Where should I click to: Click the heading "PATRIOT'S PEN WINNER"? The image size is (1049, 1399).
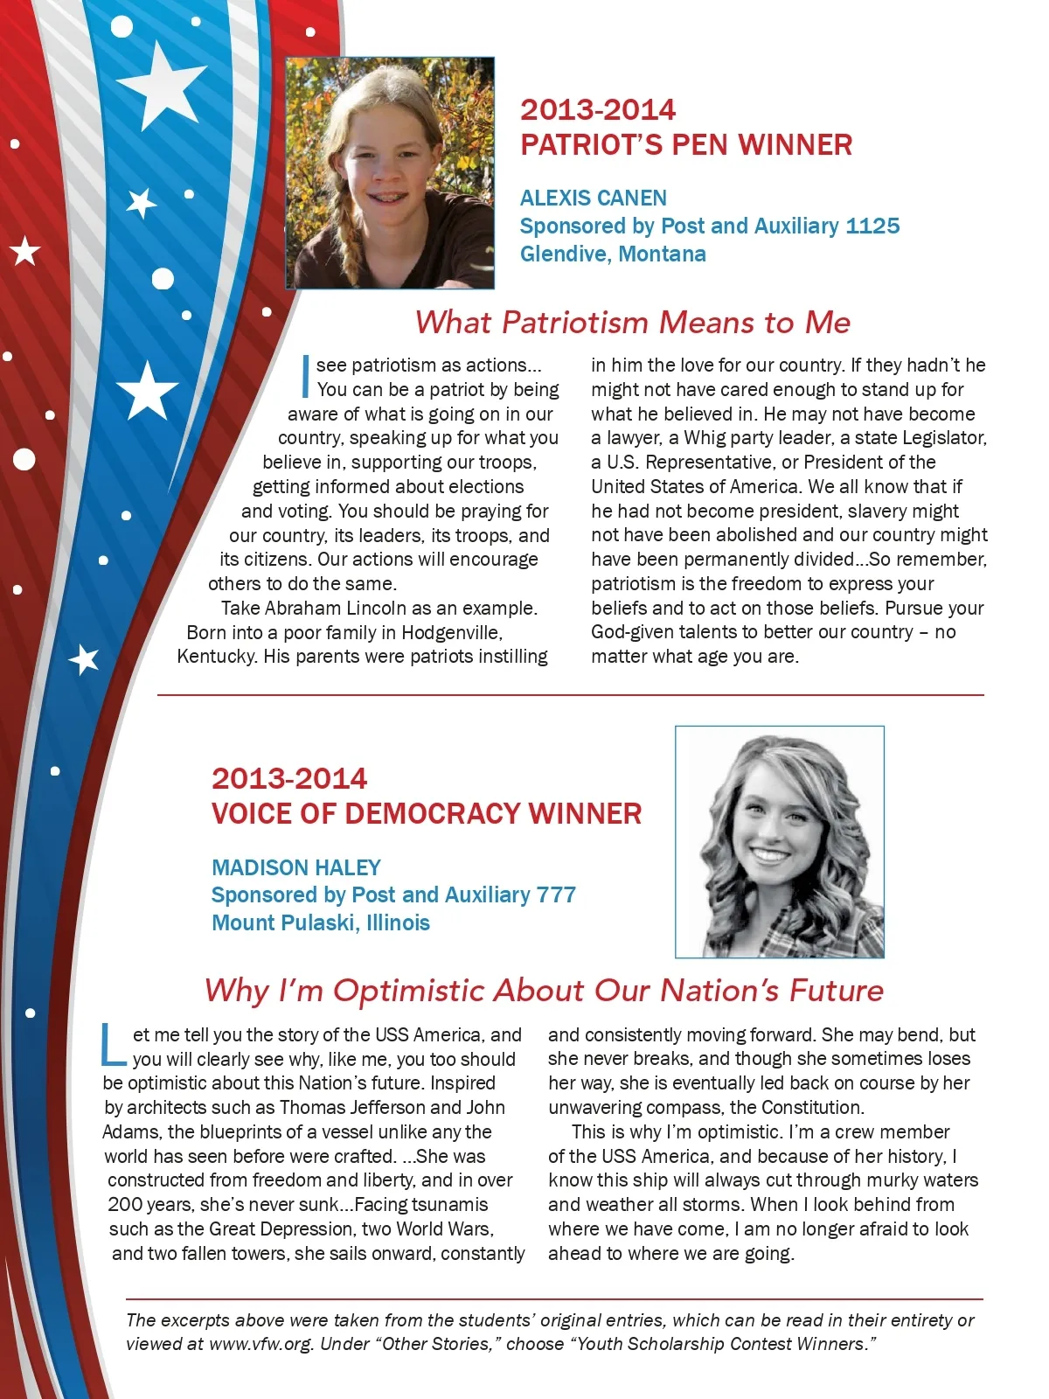(x=686, y=145)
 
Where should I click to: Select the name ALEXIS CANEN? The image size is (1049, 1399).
(x=593, y=198)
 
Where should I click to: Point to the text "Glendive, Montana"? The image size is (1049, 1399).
(x=613, y=254)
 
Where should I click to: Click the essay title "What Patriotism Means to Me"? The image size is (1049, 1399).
(x=632, y=323)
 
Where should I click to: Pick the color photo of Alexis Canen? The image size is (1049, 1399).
(x=390, y=173)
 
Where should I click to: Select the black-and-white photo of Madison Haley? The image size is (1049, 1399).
(x=779, y=841)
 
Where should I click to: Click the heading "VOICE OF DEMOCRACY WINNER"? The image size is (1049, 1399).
(x=427, y=814)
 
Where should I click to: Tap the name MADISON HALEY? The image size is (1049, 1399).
(x=296, y=867)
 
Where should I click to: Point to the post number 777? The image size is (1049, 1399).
(x=556, y=895)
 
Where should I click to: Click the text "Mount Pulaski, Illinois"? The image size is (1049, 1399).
(x=321, y=923)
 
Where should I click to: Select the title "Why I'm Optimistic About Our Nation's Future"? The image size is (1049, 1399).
(x=544, y=991)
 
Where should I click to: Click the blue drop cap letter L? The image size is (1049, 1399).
(x=114, y=1046)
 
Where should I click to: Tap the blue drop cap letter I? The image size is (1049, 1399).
(x=305, y=375)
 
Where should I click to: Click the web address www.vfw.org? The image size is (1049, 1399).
(x=261, y=1344)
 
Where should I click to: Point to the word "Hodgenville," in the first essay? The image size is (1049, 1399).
(x=452, y=632)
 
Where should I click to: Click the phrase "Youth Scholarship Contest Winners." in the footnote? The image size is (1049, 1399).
(x=725, y=1344)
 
